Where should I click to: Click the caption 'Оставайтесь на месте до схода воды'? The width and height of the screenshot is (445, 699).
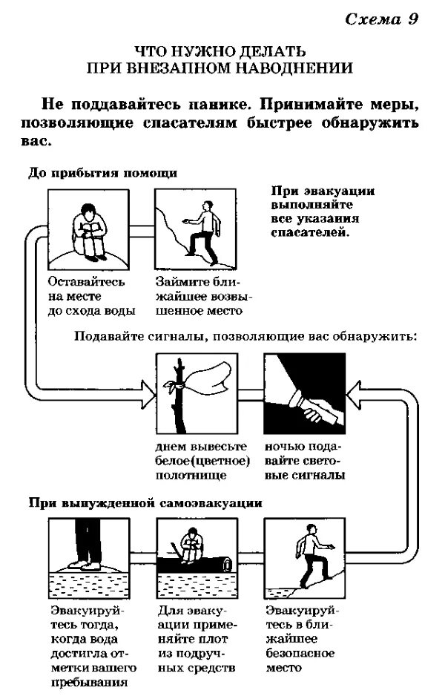click(86, 295)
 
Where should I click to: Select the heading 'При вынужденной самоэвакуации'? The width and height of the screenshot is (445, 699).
click(145, 502)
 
